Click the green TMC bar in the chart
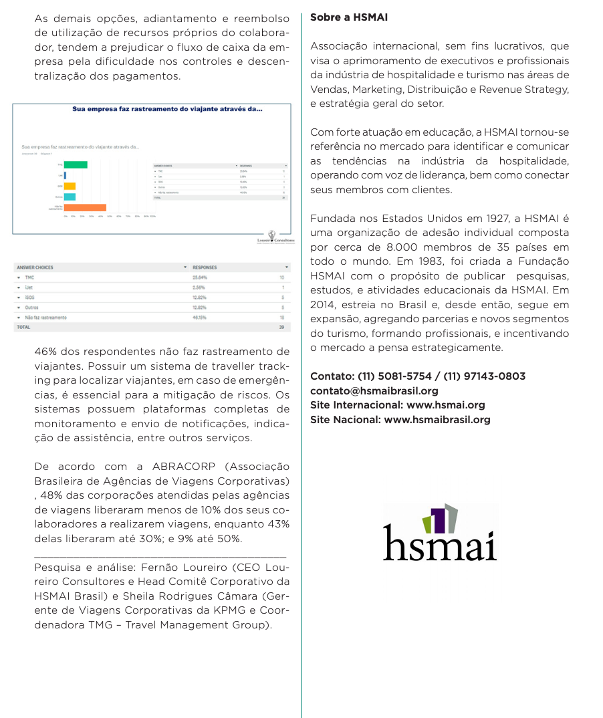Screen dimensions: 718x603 (75, 164)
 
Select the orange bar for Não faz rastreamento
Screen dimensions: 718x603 (84, 208)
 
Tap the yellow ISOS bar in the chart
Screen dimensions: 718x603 (70, 186)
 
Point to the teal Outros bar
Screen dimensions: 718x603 (70, 197)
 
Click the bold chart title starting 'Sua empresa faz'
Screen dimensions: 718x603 (167, 110)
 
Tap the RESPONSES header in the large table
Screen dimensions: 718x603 (205, 267)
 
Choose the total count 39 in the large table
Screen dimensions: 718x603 (281, 328)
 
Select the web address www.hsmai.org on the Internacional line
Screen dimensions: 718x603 (446, 405)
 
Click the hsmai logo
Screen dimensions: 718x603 (440, 533)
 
